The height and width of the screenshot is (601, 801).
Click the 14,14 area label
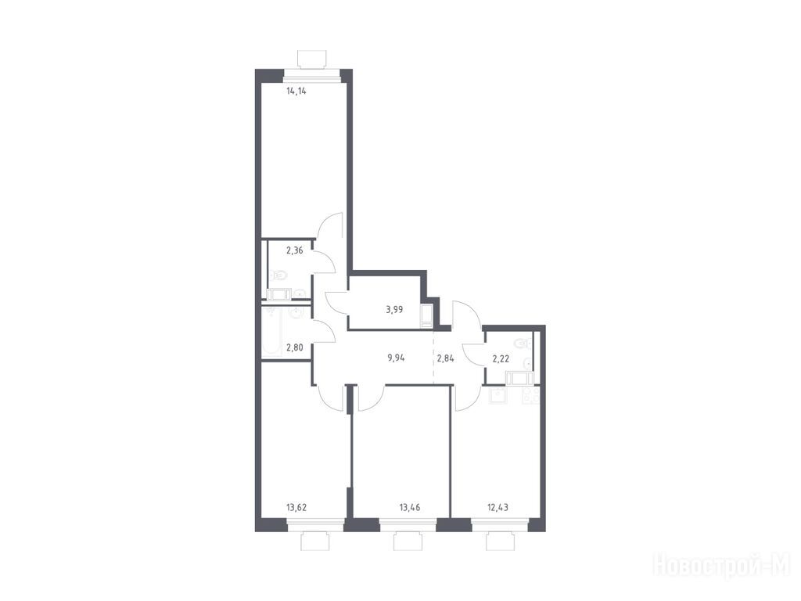[296, 92]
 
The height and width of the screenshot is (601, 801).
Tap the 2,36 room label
[294, 250]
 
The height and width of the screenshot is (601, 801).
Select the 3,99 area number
[394, 309]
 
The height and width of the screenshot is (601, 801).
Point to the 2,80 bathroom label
[294, 348]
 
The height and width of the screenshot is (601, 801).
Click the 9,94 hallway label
[396, 358]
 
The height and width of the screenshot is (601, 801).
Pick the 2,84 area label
[445, 358]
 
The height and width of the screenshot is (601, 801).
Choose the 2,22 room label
[501, 358]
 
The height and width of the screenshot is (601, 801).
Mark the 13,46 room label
[409, 507]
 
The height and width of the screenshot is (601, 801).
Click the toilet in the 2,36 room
[279, 275]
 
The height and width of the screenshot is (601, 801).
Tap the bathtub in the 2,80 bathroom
[271, 333]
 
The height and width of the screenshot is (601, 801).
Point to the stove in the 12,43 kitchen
[530, 396]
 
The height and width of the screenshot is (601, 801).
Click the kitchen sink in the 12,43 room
[497, 396]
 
